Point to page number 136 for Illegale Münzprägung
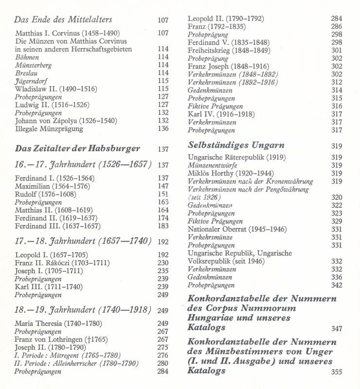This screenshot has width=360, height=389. pos(163,128)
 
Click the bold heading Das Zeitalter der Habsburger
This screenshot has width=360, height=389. pos(77,148)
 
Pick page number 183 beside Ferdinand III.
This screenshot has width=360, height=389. pos(163,226)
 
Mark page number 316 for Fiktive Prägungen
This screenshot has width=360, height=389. pos(336,106)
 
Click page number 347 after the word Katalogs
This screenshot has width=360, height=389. pos(336,329)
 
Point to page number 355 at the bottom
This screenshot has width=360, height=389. pos(336,372)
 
